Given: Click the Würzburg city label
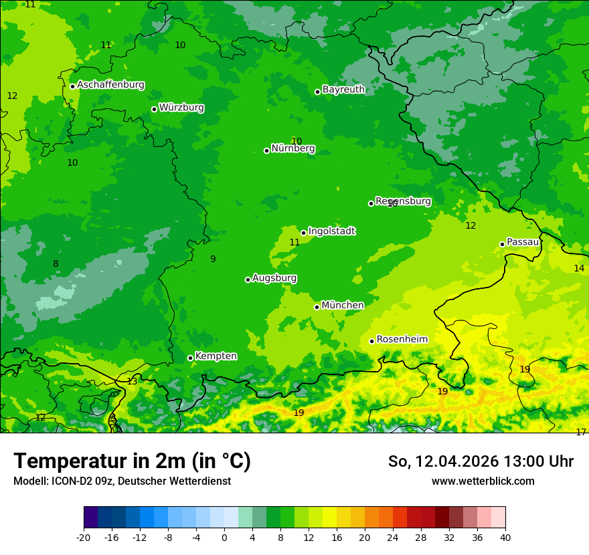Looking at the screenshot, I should tap(181, 108).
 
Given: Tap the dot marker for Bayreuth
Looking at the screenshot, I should tap(317, 92).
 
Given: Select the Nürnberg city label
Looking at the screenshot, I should tap(292, 148).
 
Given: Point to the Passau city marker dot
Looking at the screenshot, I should tap(502, 244).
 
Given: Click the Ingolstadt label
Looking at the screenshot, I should tap(331, 231).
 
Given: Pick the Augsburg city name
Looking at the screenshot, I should tap(274, 278).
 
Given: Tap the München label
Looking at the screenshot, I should tap(343, 306).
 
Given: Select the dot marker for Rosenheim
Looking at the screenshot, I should tap(371, 341).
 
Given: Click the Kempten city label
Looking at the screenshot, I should tap(216, 356).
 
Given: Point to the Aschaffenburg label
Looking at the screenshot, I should tap(110, 85).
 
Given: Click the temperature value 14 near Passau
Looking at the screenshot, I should tap(579, 268).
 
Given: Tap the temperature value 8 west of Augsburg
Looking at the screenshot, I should tap(56, 264).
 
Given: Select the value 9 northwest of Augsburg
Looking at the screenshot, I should tap(213, 259).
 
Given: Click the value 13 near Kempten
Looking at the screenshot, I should tap(132, 381).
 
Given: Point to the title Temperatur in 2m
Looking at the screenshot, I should tap(132, 461).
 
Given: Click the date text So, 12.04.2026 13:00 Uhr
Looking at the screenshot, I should tap(481, 461).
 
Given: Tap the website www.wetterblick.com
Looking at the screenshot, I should tap(483, 481).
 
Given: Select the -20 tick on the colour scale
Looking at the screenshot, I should tap(84, 537).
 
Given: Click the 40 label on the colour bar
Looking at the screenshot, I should tap(505, 537).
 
